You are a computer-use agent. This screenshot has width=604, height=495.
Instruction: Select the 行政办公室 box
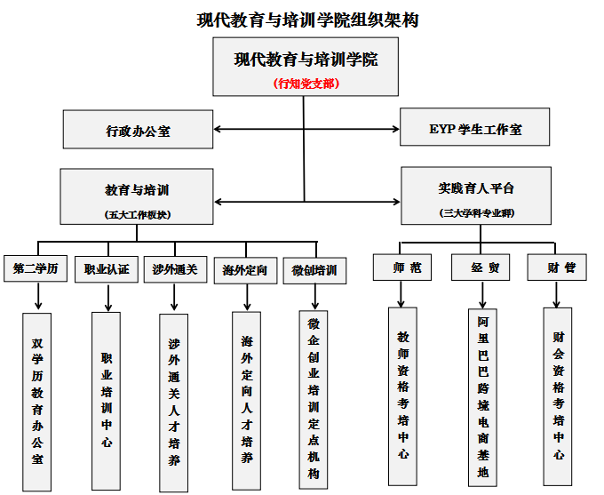click(138, 130)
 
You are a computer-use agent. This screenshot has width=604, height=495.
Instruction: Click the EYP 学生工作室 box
click(474, 127)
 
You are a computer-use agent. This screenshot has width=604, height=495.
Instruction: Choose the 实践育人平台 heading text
click(476, 188)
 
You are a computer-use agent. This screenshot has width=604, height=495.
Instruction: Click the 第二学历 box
click(36, 269)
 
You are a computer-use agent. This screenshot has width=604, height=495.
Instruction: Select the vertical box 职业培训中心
click(107, 400)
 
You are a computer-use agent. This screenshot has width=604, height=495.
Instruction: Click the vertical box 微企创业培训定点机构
click(313, 399)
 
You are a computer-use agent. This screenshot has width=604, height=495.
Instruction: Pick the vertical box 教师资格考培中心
click(403, 395)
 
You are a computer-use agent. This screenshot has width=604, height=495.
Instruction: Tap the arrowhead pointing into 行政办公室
click(219, 130)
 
